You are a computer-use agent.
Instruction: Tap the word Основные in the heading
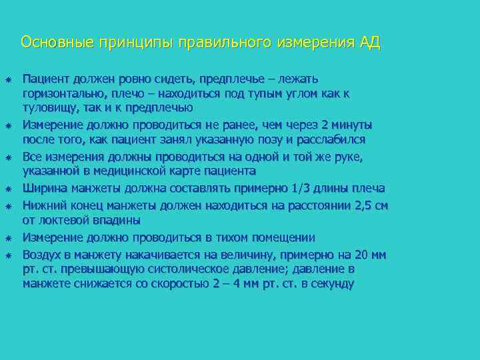(x=58, y=43)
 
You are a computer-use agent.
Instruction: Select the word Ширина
(x=44, y=189)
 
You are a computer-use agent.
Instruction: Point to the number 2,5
(x=364, y=205)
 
